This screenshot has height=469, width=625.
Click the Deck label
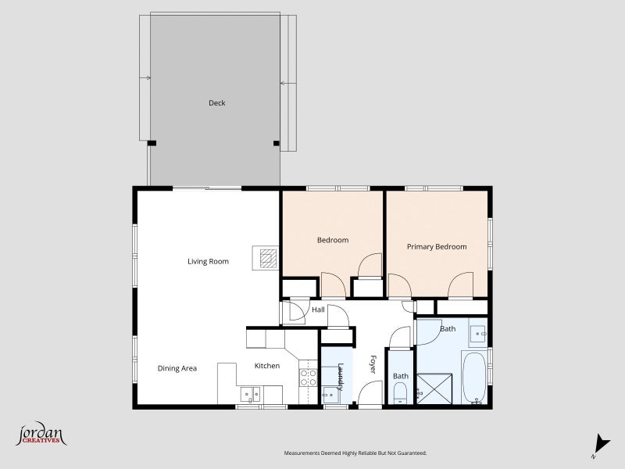click(217, 103)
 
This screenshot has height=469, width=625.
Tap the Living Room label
click(208, 262)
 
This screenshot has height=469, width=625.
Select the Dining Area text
click(177, 368)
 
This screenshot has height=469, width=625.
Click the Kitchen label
click(267, 366)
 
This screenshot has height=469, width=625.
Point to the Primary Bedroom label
click(437, 247)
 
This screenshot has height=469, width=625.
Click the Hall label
click(318, 310)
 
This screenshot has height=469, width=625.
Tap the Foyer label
click(373, 364)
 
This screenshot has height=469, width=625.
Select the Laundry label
click(341, 376)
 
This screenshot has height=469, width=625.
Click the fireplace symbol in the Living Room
click(266, 258)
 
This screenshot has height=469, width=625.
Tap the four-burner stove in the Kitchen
click(308, 378)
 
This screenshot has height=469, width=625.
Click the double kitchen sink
click(250, 395)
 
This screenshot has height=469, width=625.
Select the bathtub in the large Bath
click(474, 378)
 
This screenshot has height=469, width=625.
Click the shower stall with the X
click(434, 388)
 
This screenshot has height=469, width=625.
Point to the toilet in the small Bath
click(399, 393)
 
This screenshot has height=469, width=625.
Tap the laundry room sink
click(330, 395)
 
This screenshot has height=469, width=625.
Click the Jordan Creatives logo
click(41, 434)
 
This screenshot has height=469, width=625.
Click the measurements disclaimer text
click(355, 453)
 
